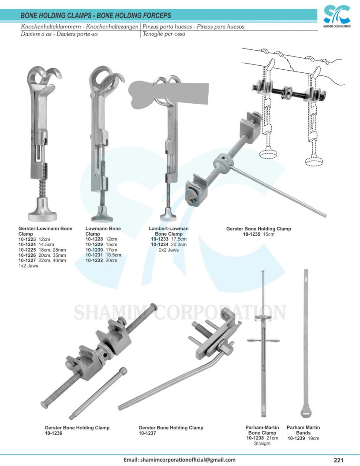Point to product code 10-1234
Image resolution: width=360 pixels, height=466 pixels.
pos(160,244)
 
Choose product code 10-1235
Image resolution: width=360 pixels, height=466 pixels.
pos(251,234)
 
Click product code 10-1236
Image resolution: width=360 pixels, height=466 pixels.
pos(53,433)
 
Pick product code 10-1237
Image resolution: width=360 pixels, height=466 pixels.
pos(147,433)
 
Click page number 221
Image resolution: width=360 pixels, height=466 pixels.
pos(338,460)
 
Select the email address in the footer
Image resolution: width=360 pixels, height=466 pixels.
pos(179,460)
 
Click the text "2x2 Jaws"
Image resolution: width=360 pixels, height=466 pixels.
pos(169,250)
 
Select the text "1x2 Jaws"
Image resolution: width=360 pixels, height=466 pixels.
pos(27,266)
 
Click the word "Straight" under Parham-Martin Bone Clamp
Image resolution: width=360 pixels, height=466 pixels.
pos(262,443)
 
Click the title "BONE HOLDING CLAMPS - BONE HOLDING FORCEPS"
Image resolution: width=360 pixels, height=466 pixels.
pos(96,16)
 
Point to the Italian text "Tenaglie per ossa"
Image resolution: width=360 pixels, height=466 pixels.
pos(164,34)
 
